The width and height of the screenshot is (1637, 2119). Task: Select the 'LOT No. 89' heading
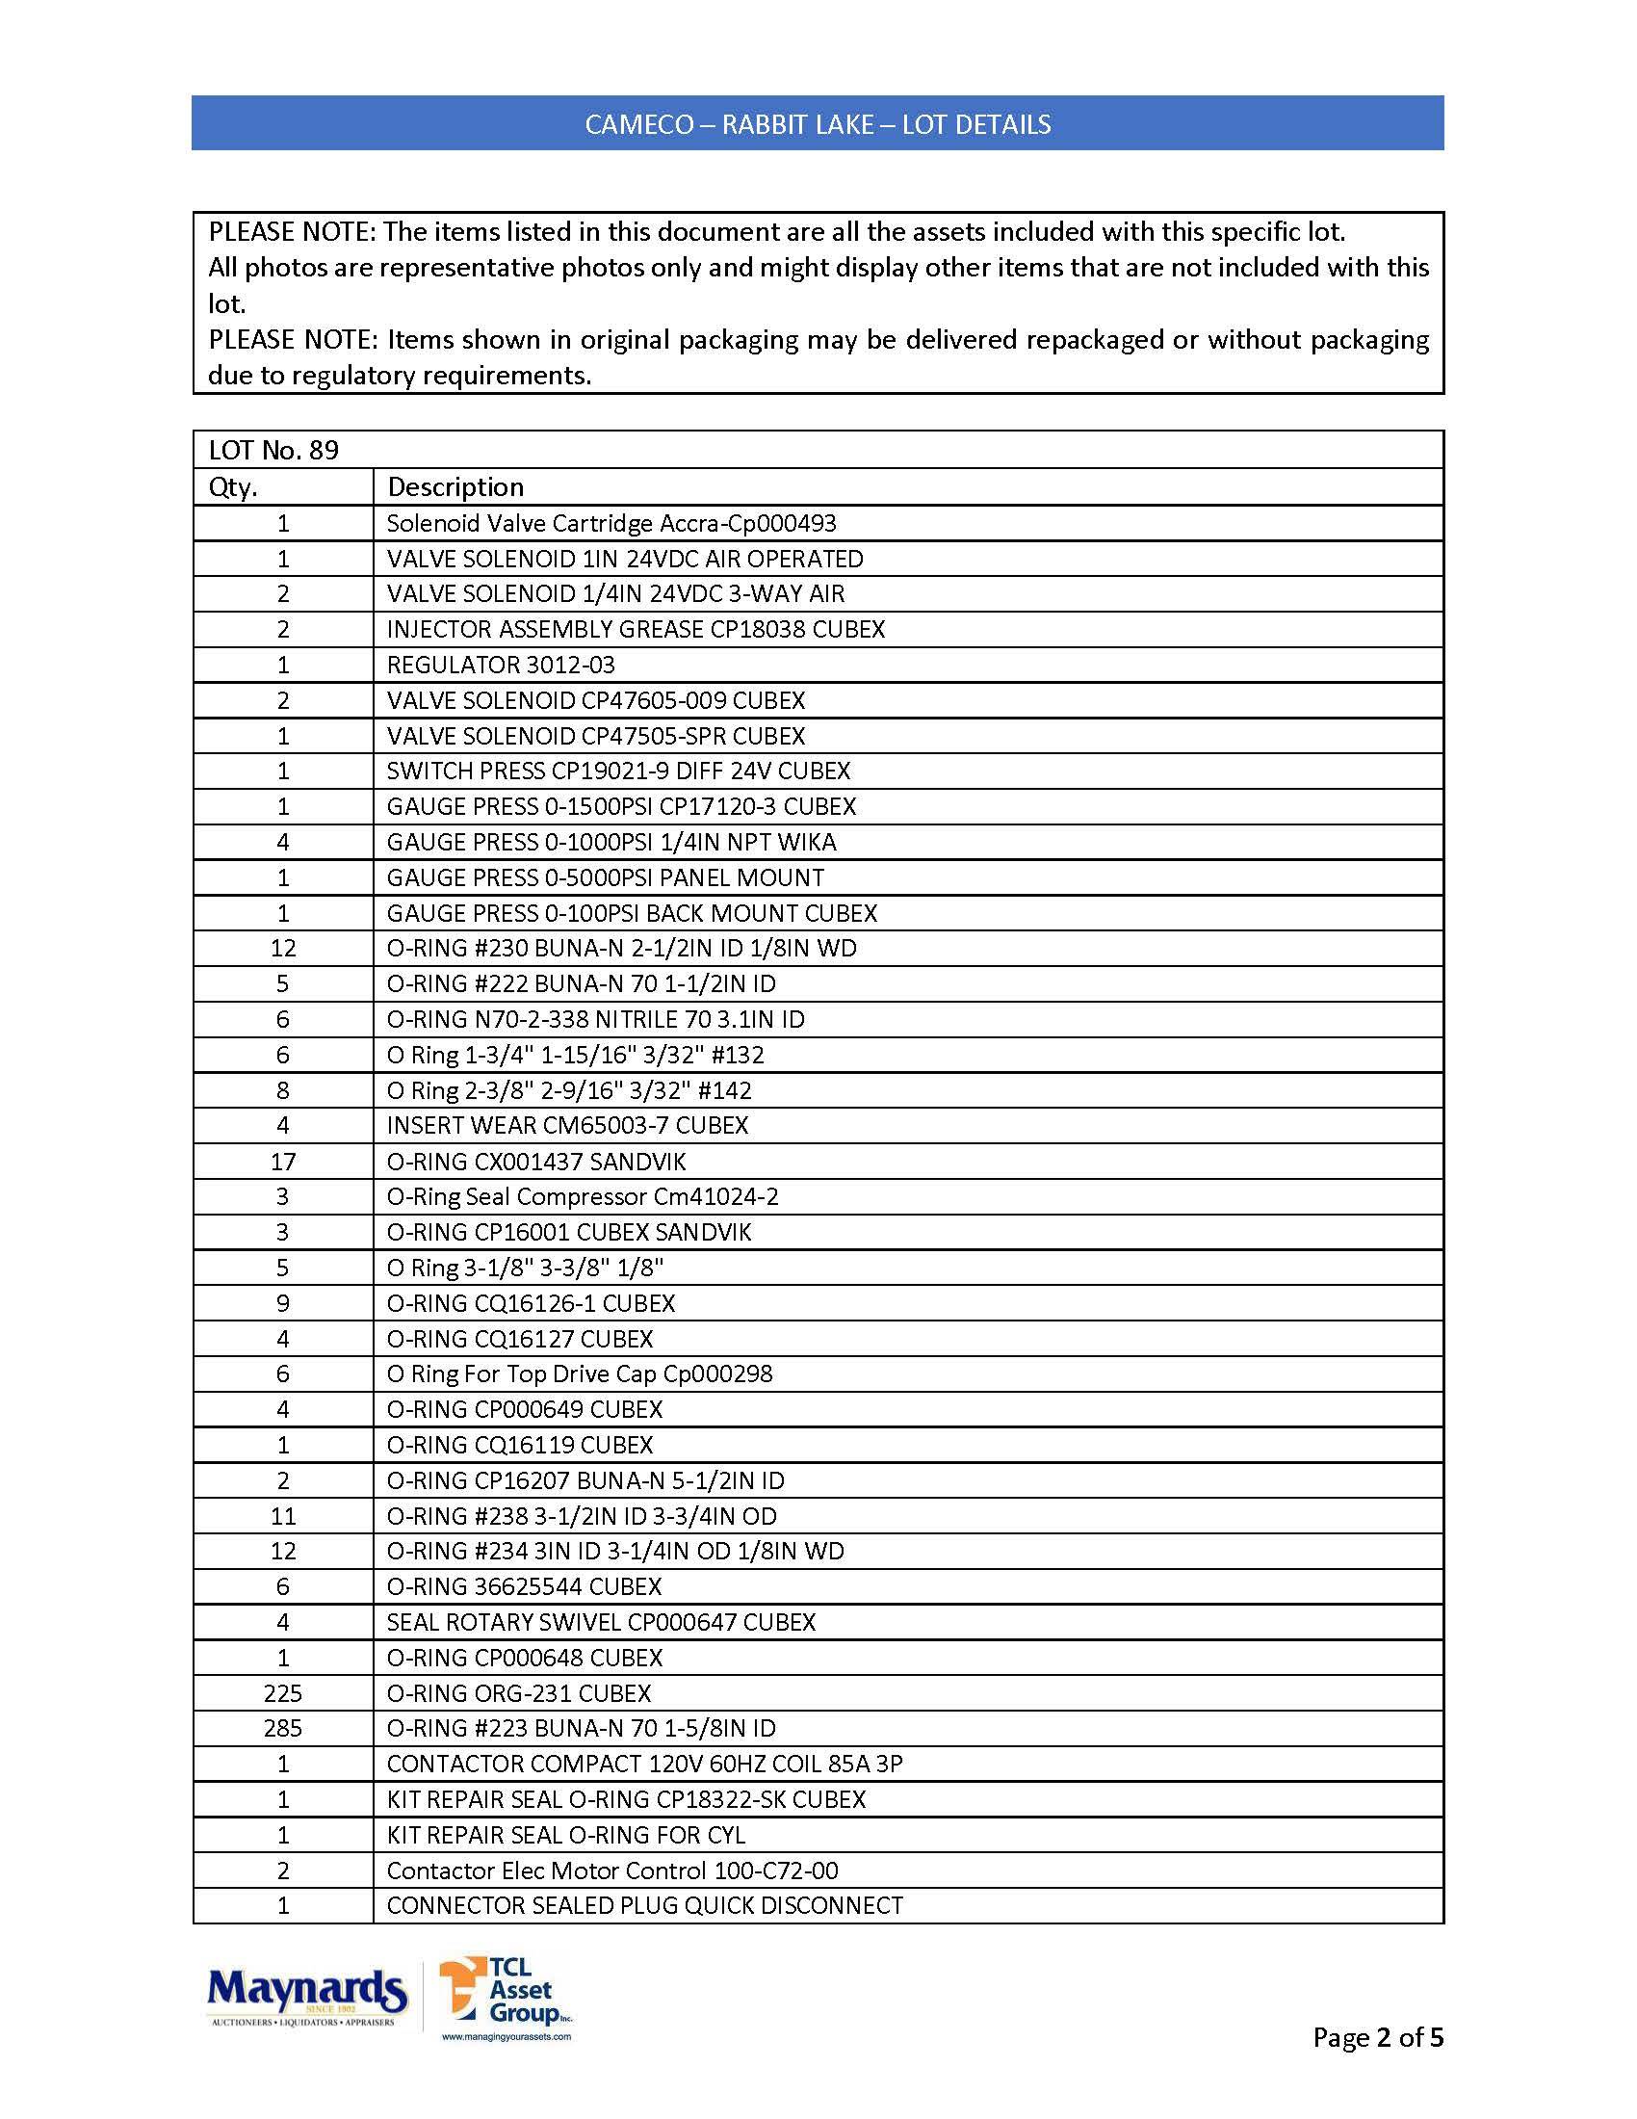[273, 450]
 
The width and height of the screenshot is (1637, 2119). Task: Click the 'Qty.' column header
[233, 487]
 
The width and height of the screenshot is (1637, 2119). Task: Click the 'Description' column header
[455, 487]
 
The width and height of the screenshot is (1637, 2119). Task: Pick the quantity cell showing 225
[283, 1693]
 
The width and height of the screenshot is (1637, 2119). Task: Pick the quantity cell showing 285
[283, 1728]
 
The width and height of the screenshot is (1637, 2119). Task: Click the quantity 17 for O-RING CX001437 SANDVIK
[283, 1162]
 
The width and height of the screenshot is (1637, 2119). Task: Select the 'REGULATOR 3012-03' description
[501, 665]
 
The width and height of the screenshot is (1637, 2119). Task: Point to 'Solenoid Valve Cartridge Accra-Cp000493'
[611, 523]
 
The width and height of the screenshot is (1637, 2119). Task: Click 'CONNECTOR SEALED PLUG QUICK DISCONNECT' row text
[645, 1905]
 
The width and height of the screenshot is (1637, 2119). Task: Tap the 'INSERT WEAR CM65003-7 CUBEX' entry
[567, 1125]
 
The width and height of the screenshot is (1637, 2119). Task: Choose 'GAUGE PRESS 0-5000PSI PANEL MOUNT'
[605, 877]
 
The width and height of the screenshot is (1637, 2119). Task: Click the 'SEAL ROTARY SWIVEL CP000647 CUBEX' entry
[601, 1622]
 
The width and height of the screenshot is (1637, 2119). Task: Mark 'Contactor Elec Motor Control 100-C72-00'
[611, 1870]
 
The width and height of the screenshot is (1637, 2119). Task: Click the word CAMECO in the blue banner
[639, 124]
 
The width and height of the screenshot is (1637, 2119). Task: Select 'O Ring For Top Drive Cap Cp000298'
[579, 1373]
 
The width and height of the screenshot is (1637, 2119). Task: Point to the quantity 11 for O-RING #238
[283, 1515]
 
